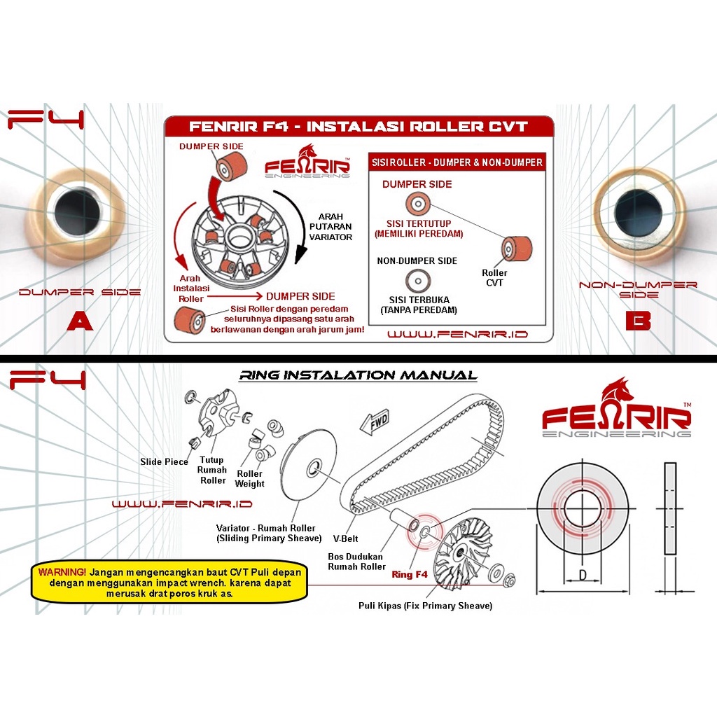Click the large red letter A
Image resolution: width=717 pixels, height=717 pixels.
click(80, 321)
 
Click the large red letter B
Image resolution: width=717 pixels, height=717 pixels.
click(638, 320)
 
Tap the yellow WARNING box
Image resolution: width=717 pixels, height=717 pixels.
click(169, 583)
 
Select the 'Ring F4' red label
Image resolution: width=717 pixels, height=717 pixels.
click(409, 574)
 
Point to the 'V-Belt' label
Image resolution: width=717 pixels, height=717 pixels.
click(345, 538)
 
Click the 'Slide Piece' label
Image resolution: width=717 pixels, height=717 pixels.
click(164, 462)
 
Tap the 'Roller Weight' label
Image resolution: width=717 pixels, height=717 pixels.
click(250, 478)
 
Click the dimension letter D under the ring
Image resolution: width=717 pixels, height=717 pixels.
click(583, 575)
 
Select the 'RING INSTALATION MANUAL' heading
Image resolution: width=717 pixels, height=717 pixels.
click(358, 375)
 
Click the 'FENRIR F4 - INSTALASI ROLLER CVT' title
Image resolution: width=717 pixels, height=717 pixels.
click(358, 126)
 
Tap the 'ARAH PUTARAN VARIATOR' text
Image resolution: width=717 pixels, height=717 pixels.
click(330, 227)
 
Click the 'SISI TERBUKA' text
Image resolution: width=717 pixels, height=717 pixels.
click(419, 300)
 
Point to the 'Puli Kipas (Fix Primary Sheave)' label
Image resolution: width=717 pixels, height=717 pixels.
click(425, 606)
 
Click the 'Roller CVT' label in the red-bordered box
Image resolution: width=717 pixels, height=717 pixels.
click(495, 277)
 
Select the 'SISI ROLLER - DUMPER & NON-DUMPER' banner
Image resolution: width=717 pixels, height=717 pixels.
click(457, 162)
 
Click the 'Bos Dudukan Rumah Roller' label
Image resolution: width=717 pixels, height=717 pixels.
click(356, 562)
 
